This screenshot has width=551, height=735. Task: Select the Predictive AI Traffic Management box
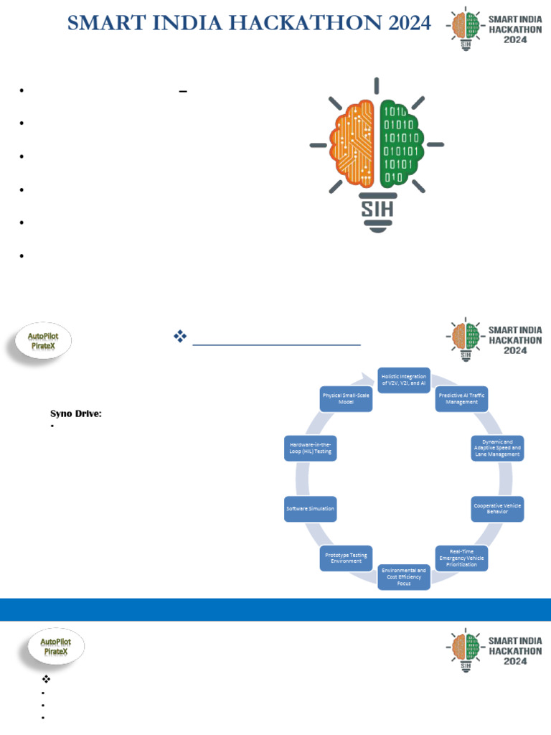tap(462, 398)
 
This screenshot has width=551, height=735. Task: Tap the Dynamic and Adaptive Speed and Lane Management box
tap(497, 448)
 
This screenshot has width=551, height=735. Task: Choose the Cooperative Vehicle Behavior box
tap(497, 508)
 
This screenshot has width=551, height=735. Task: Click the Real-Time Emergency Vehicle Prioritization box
tap(462, 558)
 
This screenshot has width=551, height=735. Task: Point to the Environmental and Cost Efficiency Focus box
tap(404, 576)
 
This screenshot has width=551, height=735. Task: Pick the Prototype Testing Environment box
tap(346, 558)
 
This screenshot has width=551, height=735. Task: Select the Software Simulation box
tap(310, 508)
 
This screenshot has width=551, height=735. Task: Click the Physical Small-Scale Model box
tap(347, 398)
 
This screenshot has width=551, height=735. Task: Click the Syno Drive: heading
tap(75, 413)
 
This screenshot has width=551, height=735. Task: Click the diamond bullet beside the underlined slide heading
tap(180, 336)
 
